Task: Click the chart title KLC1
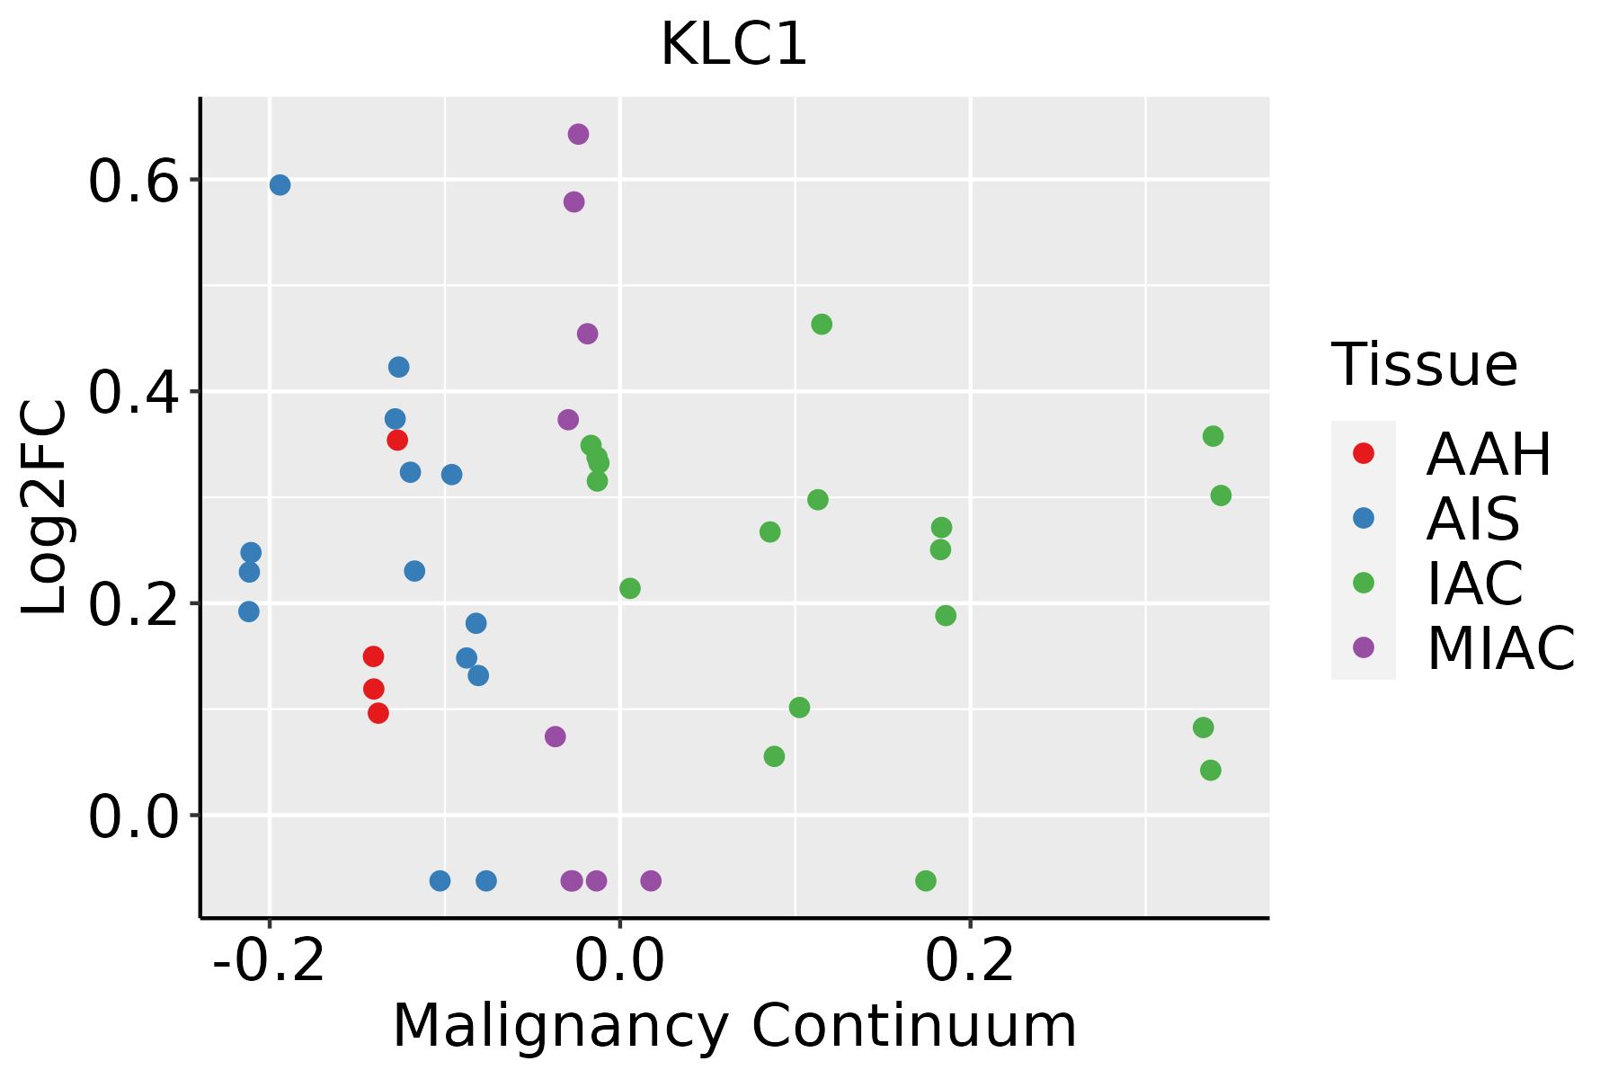coord(733,45)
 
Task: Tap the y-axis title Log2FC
coord(45,508)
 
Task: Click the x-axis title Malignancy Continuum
coord(733,1026)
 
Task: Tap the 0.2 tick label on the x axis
coord(970,961)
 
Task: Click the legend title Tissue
coord(1424,365)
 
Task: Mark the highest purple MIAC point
coord(578,135)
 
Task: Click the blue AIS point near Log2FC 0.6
coord(280,185)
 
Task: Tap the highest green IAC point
coord(822,325)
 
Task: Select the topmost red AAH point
coord(397,440)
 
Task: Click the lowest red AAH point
coord(378,713)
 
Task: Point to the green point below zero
coord(926,880)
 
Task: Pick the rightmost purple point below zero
coord(651,880)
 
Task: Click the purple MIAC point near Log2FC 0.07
coord(556,736)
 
